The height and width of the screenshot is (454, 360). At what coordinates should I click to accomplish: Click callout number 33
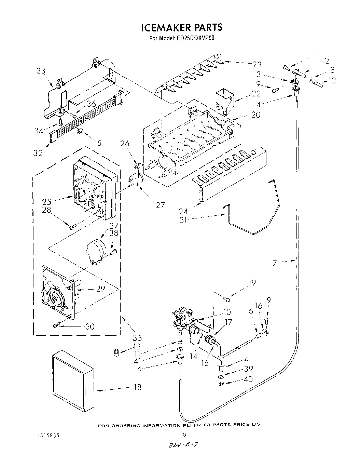point(41,71)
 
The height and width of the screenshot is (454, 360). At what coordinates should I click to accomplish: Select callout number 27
point(160,205)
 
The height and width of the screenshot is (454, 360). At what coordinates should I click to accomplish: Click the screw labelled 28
point(72,227)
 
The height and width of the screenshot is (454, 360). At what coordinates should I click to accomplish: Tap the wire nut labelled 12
point(116,352)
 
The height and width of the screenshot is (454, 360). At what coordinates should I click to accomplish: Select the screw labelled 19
point(227,299)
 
